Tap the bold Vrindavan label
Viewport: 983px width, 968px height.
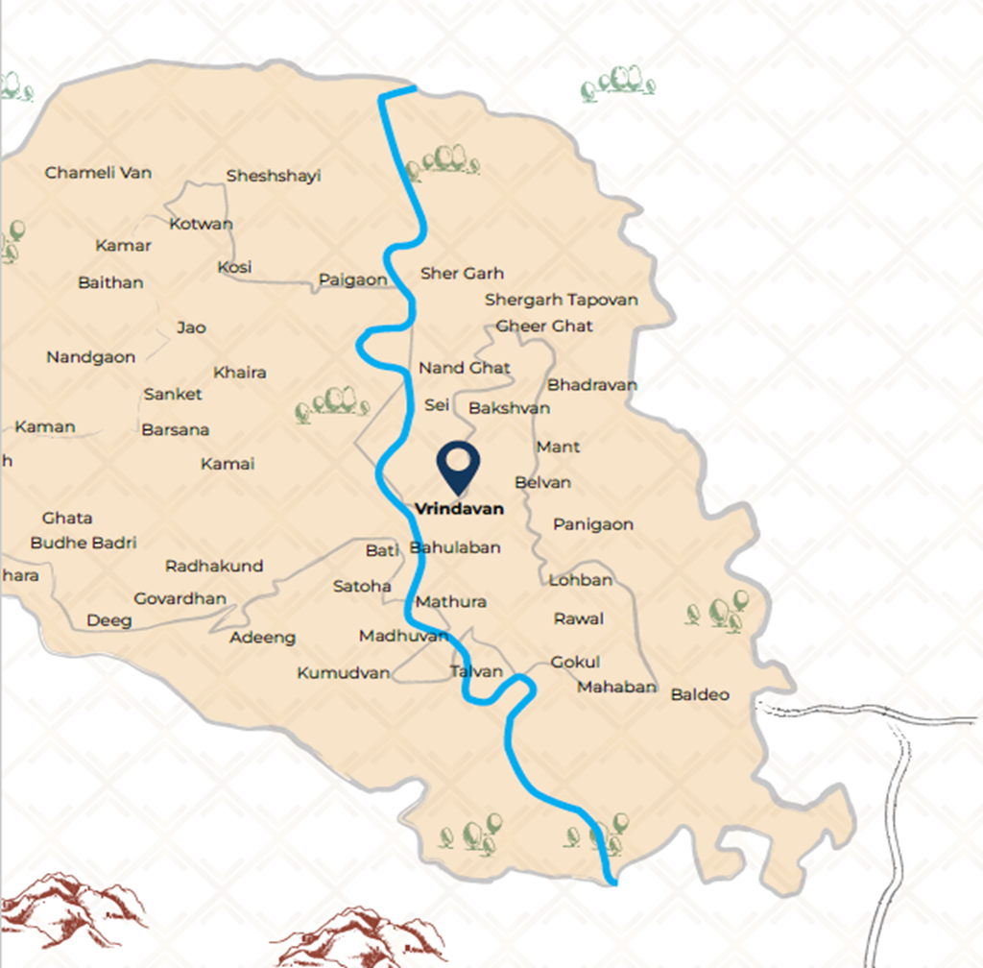tap(459, 509)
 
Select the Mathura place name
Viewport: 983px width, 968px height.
tap(450, 602)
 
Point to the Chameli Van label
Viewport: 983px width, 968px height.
tap(98, 173)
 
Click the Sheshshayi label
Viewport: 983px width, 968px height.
tap(274, 176)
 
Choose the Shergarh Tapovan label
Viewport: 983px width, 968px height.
tap(561, 300)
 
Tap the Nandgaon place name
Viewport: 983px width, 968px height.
tap(91, 357)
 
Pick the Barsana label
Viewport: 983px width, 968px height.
tap(175, 429)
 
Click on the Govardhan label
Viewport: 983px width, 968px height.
tap(180, 598)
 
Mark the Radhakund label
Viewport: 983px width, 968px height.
tap(214, 566)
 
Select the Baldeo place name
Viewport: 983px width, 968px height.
tap(700, 694)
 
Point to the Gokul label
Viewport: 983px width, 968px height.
tap(575, 662)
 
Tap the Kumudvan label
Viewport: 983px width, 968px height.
tap(344, 672)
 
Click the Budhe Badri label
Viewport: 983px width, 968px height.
tap(84, 543)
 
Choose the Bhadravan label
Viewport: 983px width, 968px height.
tap(591, 385)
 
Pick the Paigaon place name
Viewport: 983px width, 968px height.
tap(352, 280)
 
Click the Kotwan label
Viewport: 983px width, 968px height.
tap(201, 224)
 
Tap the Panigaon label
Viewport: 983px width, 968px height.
tap(592, 524)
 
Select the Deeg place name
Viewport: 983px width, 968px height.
tap(109, 620)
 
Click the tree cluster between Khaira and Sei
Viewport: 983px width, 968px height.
tap(332, 403)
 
